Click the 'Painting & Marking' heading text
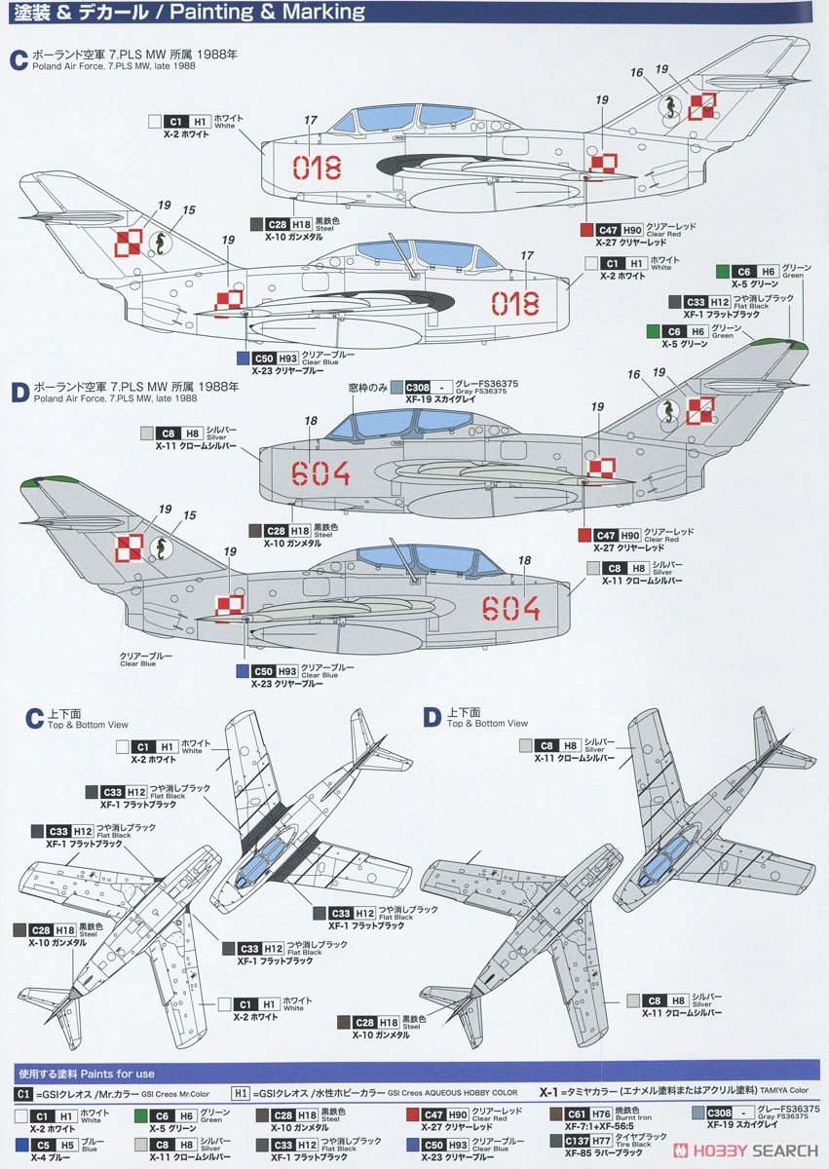[x=281, y=13]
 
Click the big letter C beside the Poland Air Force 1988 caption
[x=18, y=59]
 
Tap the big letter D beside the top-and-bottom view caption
[x=432, y=718]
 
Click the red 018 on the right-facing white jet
[x=316, y=167]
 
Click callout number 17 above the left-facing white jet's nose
[x=527, y=255]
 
